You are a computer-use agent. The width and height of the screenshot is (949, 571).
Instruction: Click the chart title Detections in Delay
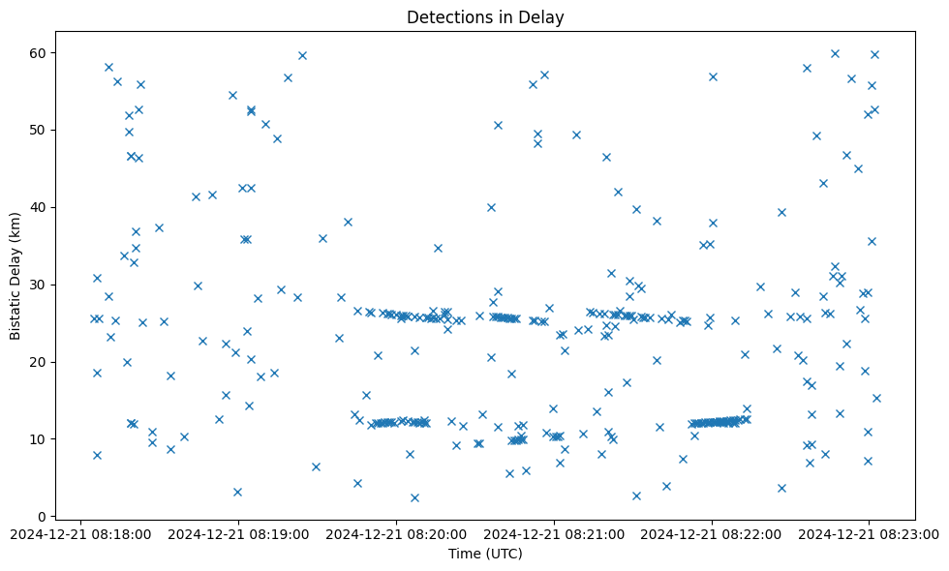coord(485,17)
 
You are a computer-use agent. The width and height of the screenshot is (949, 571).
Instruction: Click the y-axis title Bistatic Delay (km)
coord(15,275)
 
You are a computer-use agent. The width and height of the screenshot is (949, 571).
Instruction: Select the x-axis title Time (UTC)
coord(485,554)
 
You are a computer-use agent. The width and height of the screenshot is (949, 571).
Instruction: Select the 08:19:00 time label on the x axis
coord(239,533)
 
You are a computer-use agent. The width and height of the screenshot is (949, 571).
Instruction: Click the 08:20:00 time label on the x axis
coord(397,533)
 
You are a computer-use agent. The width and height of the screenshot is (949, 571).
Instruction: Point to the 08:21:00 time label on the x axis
coord(555,533)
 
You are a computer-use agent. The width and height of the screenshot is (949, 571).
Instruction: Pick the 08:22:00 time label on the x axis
coord(713,533)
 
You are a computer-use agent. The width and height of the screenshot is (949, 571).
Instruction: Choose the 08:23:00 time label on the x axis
coord(870,533)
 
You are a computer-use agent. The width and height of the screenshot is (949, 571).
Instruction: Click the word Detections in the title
coord(445,17)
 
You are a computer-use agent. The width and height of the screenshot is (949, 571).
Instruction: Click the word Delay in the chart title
coord(545,17)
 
